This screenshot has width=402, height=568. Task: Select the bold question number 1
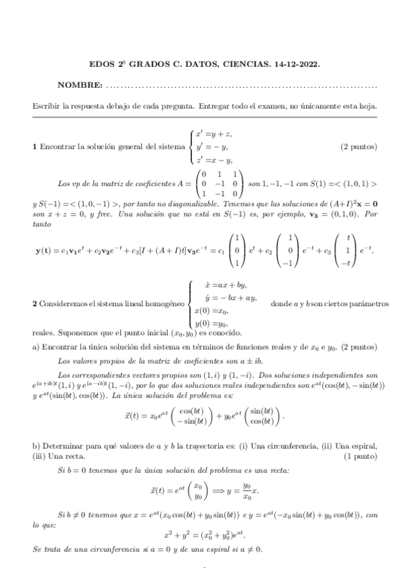coord(35,147)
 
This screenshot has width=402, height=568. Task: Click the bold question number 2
coord(35,304)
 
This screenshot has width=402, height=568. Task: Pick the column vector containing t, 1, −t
coord(347,251)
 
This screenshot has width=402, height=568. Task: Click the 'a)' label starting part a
coord(36,347)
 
